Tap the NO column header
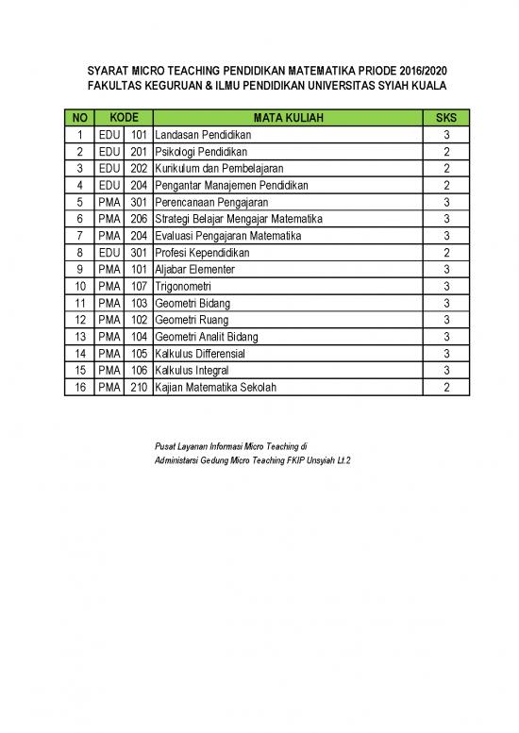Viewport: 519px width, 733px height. click(x=80, y=118)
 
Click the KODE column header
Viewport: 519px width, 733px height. click(x=124, y=118)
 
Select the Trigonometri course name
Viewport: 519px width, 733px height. click(x=183, y=286)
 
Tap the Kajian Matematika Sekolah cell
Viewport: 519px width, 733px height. click(x=216, y=387)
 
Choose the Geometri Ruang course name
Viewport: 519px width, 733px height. click(x=189, y=320)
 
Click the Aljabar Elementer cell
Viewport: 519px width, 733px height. click(x=193, y=270)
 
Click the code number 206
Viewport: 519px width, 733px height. click(x=139, y=219)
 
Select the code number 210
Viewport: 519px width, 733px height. click(x=139, y=387)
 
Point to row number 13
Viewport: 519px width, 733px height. click(x=80, y=337)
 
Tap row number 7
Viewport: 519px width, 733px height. click(x=80, y=236)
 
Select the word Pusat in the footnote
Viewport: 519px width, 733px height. click(x=165, y=444)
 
